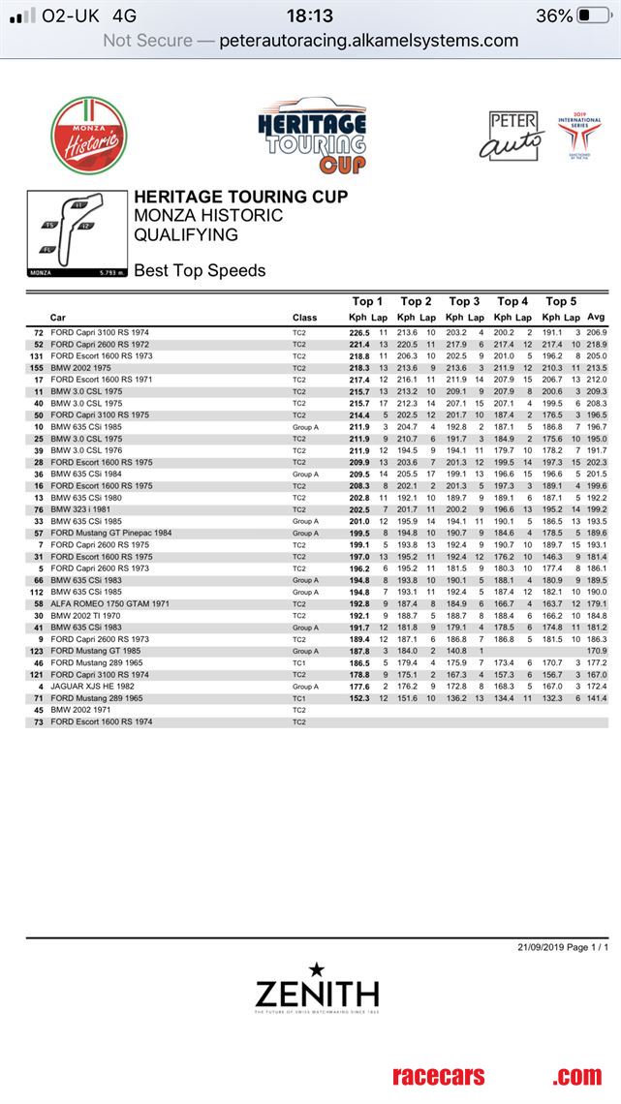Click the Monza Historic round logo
coord(89,137)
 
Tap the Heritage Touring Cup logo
coord(312,137)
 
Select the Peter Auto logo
coord(512,135)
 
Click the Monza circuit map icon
coord(78,234)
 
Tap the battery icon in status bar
coord(594,15)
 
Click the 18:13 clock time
coord(310,15)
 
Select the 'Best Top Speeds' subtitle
coord(200,271)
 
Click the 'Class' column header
coord(304,318)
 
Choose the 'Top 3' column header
coord(464,301)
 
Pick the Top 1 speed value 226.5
coord(360,332)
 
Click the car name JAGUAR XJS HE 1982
coord(94,686)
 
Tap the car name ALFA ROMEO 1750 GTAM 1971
coord(110,603)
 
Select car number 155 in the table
coord(38,368)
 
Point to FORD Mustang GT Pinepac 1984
coord(111,533)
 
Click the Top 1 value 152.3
coord(360,697)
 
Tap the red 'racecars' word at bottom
coord(438,1076)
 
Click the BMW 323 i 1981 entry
coord(87,509)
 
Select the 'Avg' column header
coord(596,318)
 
